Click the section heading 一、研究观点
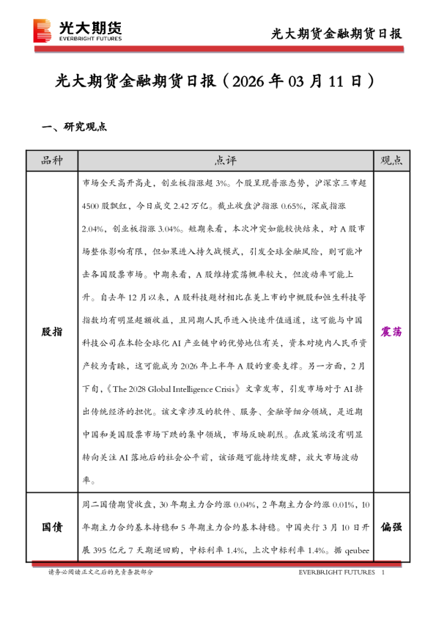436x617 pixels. [x=75, y=126]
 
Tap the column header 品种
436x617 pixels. [x=51, y=160]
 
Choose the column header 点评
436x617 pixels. [x=226, y=160]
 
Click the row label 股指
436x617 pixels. [x=51, y=331]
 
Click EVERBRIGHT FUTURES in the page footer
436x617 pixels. [x=336, y=572]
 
